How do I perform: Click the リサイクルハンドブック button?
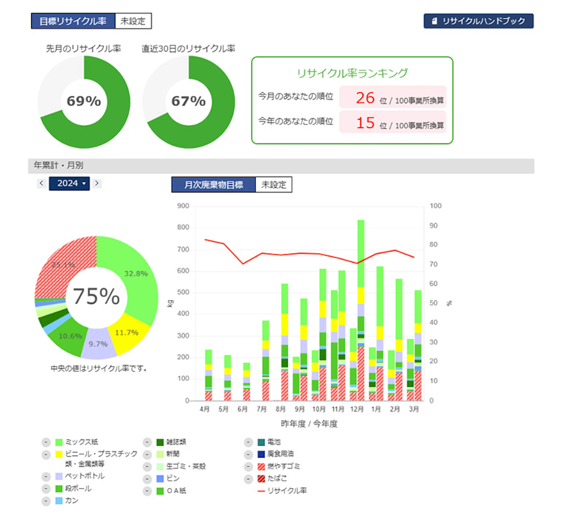click(x=478, y=21)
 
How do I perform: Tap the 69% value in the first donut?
click(x=84, y=101)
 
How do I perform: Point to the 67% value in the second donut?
click(x=189, y=101)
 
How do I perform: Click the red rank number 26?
click(x=365, y=98)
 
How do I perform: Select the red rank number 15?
click(x=365, y=123)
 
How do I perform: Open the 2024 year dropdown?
click(x=69, y=183)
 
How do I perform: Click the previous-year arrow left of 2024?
click(x=41, y=183)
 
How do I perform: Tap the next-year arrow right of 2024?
click(x=97, y=183)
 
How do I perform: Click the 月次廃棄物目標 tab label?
click(x=213, y=185)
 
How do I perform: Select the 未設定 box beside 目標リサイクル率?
click(x=133, y=21)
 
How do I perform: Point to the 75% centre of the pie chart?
click(x=96, y=296)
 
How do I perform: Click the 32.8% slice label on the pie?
click(x=136, y=274)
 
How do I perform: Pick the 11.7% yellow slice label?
click(x=127, y=333)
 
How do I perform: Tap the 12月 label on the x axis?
click(x=357, y=409)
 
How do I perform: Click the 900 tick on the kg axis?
click(x=183, y=206)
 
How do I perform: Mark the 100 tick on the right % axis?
click(x=435, y=206)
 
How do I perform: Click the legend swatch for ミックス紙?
click(x=59, y=442)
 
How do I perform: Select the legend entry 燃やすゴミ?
click(x=283, y=466)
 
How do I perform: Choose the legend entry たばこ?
click(x=277, y=478)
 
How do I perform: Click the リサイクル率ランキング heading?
click(x=352, y=73)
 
